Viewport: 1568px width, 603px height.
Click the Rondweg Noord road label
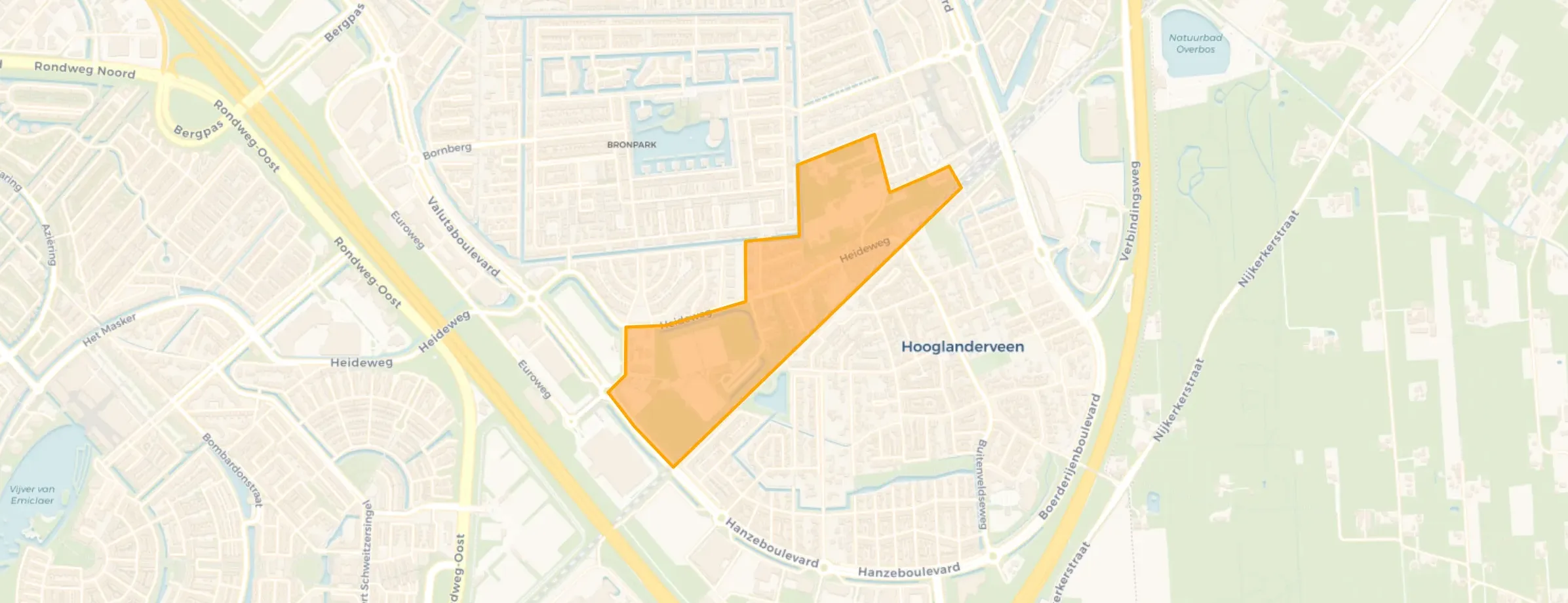pyautogui.click(x=85, y=70)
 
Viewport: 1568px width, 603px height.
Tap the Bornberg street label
pyautogui.click(x=447, y=151)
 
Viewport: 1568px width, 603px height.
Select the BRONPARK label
pyautogui.click(x=631, y=145)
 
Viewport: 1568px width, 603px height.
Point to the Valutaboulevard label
pyautogui.click(x=463, y=237)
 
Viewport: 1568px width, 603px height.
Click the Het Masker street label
pyautogui.click(x=109, y=330)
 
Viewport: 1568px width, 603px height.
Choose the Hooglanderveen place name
pyautogui.click(x=962, y=347)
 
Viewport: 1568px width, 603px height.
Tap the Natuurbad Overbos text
pyautogui.click(x=1195, y=44)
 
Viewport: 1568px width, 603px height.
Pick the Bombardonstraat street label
pyautogui.click(x=232, y=470)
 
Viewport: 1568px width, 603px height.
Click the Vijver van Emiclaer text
pyautogui.click(x=32, y=495)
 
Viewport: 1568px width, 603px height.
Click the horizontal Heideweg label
pyautogui.click(x=361, y=362)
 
